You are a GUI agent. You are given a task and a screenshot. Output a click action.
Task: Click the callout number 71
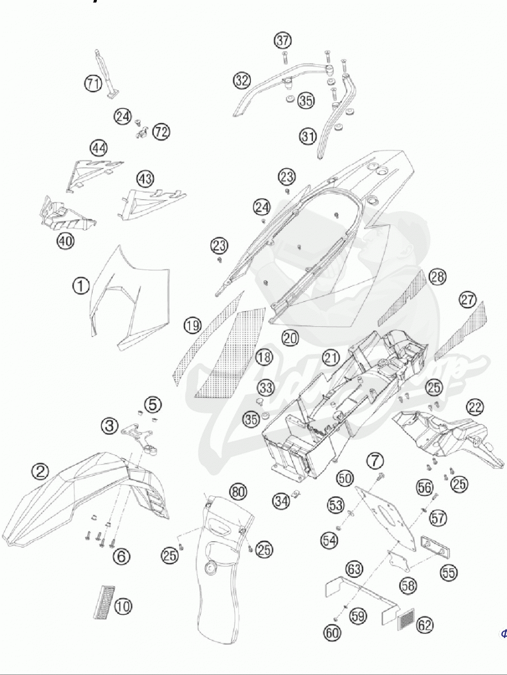click(93, 84)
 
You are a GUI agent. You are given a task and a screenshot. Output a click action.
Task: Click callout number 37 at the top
click(282, 40)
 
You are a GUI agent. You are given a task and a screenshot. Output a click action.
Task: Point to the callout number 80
click(238, 492)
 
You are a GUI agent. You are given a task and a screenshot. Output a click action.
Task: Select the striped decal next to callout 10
click(104, 602)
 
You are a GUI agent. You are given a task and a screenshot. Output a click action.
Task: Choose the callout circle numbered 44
click(98, 148)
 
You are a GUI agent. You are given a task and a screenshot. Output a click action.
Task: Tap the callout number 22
click(475, 407)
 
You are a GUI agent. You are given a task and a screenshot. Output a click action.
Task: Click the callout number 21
click(331, 357)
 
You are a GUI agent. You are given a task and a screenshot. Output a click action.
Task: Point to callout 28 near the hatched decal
click(437, 276)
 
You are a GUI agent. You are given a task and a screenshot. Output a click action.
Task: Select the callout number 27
click(468, 300)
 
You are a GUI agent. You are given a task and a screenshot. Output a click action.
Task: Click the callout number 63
click(354, 569)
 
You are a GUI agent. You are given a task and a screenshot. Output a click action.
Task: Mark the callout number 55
click(448, 573)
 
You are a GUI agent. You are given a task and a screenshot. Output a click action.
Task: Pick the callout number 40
click(65, 241)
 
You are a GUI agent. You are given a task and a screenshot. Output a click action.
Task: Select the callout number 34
click(281, 499)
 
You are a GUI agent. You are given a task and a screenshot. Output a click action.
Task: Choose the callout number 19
click(192, 325)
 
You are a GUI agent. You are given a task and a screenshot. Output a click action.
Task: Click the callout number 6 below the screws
click(121, 557)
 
